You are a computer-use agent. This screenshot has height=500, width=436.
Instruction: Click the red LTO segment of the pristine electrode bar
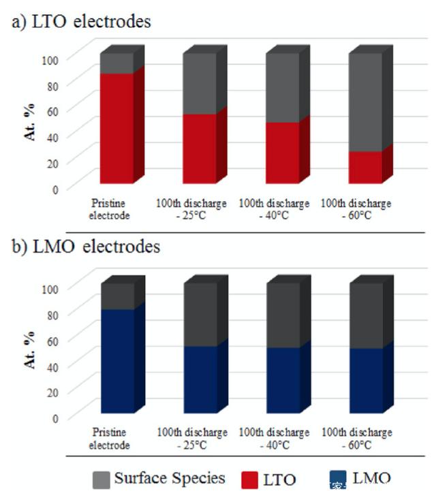tap(116, 127)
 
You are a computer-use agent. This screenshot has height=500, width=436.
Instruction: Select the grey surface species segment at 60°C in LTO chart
tap(365, 102)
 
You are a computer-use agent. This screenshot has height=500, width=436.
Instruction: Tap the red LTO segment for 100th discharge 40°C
tap(282, 152)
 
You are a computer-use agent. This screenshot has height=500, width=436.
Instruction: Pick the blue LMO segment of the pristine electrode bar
tap(117, 361)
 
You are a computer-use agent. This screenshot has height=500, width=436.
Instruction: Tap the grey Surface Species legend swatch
tap(101, 480)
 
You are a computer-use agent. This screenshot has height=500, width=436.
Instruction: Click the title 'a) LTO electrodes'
tap(82, 22)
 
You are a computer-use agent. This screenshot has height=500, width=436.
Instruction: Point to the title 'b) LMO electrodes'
tap(87, 247)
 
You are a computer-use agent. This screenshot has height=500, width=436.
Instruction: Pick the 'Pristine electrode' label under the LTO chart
tap(110, 209)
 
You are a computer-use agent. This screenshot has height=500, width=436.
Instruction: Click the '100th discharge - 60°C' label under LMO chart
tap(356, 439)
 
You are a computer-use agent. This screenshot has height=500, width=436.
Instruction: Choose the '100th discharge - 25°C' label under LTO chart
tap(192, 209)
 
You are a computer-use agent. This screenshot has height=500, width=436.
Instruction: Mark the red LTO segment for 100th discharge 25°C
tap(200, 148)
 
